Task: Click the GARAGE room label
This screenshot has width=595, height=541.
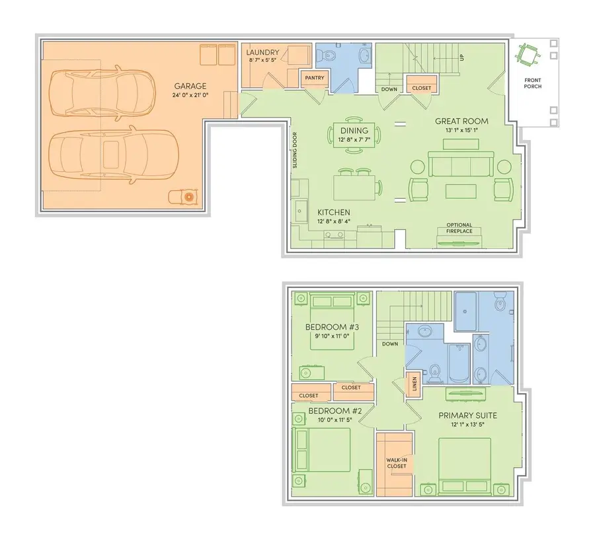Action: click(190, 86)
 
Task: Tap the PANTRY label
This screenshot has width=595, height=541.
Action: click(313, 77)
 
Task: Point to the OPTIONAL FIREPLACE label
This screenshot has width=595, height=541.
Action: click(459, 228)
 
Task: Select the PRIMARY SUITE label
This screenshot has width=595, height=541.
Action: click(468, 415)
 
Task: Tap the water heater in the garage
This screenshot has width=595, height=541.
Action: click(188, 197)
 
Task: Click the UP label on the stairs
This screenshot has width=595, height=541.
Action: click(461, 58)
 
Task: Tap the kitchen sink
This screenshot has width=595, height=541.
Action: click(301, 211)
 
